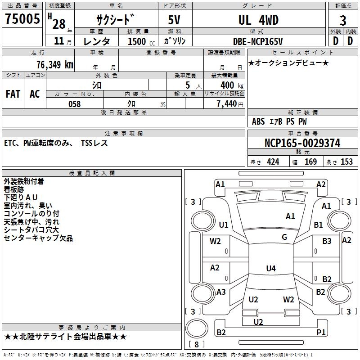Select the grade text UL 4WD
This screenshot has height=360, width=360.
click(258, 20)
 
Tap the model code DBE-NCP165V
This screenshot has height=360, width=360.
click(258, 41)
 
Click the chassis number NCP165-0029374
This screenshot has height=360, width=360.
click(302, 143)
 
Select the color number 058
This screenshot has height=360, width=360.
click(74, 104)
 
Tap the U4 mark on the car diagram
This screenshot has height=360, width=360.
click(270, 269)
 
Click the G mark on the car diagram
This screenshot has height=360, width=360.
click(284, 237)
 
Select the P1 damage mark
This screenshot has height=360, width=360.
click(321, 333)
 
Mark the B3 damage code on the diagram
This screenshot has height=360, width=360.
click(327, 241)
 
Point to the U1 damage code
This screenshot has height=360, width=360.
click(224, 225)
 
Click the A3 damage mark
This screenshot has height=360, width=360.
click(221, 292)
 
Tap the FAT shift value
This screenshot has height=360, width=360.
click(13, 94)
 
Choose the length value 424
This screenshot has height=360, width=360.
click(273, 162)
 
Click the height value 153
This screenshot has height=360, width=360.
click(346, 162)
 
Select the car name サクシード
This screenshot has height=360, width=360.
click(115, 20)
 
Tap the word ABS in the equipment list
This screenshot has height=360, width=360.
click(258, 121)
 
